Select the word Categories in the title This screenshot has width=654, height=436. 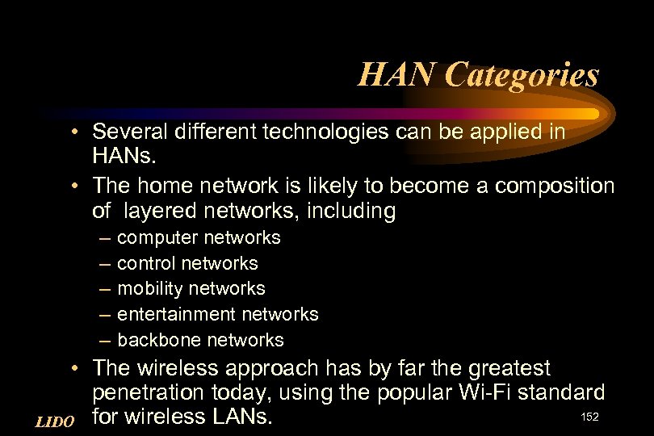click(521, 75)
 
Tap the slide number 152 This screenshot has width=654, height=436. click(591, 416)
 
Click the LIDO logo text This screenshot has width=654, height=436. click(56, 421)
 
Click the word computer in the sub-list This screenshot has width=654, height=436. click(158, 238)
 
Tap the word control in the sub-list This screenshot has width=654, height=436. click(147, 263)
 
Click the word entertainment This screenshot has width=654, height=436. click(177, 314)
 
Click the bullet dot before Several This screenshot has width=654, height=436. click(73, 132)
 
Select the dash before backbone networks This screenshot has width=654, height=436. click(105, 340)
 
